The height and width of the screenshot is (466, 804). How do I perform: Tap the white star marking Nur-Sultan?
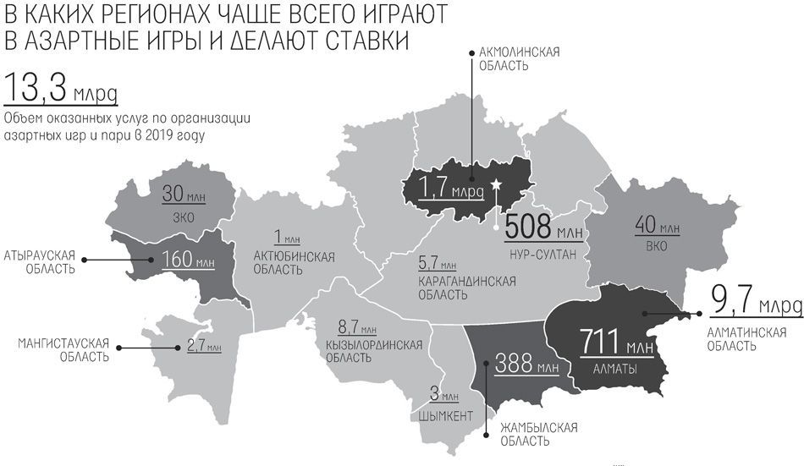[x=497, y=185]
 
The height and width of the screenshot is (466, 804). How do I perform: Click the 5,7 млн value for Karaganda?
[x=437, y=262]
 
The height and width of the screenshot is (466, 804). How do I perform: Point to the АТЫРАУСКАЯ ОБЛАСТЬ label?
[x=40, y=261]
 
